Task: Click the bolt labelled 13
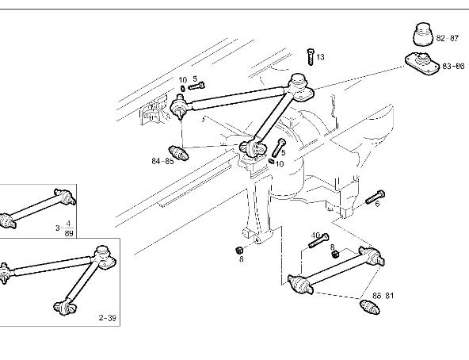311,56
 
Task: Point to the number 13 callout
320,57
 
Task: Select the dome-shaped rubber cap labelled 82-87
424,34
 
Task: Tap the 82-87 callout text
448,38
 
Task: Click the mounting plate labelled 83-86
422,63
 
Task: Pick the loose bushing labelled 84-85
178,153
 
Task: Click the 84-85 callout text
162,161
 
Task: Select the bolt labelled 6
375,197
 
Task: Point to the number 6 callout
377,204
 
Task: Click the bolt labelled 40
318,240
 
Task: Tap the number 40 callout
315,236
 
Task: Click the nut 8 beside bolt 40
335,254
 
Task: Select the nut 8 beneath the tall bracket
238,250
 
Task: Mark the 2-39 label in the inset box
108,317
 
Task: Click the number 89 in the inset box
69,233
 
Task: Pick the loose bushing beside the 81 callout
370,307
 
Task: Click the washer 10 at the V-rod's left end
182,88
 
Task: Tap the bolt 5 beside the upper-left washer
196,86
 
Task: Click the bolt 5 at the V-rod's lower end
279,147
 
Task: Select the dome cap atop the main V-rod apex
298,81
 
